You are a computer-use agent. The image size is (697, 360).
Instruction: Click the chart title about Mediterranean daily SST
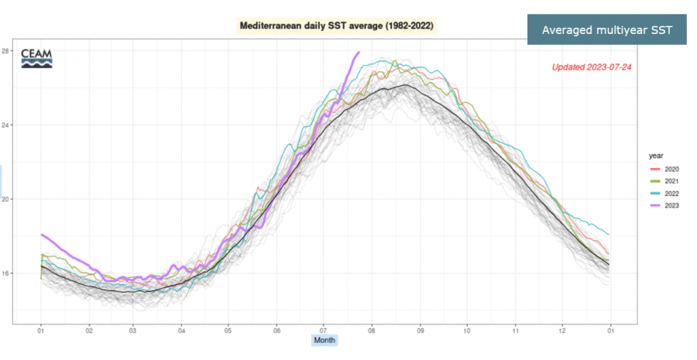[x=337, y=26]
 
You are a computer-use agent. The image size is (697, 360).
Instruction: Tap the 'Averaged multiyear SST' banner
[x=606, y=30]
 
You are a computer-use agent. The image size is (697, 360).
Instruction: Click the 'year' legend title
[x=655, y=156]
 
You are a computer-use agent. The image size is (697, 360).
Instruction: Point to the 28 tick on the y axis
[x=27, y=51]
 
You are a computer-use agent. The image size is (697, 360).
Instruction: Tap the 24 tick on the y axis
[x=27, y=125]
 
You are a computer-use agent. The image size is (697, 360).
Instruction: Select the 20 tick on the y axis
[x=27, y=200]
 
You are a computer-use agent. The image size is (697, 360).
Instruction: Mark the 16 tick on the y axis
[x=27, y=273]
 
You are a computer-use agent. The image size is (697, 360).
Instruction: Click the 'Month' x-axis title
[x=325, y=340]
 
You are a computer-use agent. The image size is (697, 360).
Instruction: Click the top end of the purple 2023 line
[x=359, y=52]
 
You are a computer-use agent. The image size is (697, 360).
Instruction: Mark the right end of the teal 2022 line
[x=609, y=234]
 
